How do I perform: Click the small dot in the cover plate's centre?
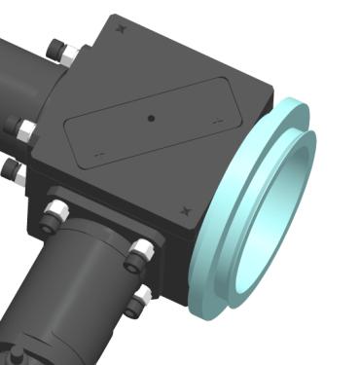[151, 118]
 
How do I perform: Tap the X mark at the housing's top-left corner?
[121, 28]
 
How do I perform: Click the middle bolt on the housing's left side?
[21, 128]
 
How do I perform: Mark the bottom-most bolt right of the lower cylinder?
[139, 299]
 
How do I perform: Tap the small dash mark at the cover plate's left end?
[97, 153]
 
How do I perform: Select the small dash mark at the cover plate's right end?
[218, 119]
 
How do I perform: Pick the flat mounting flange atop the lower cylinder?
[97, 229]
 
